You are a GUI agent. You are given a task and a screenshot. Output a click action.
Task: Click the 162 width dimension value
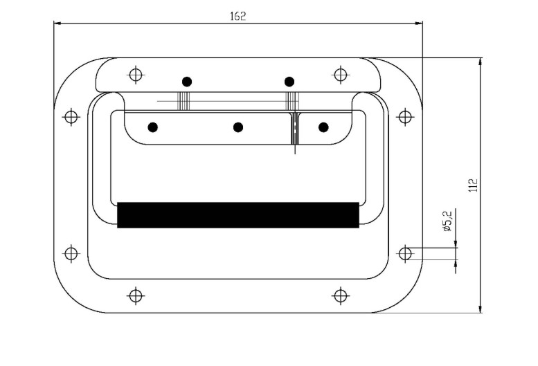click(x=237, y=17)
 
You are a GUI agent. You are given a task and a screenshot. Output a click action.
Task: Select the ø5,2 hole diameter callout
click(x=448, y=220)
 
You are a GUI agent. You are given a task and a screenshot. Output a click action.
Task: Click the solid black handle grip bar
click(x=238, y=215)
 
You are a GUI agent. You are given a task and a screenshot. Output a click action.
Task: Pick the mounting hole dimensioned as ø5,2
click(x=405, y=254)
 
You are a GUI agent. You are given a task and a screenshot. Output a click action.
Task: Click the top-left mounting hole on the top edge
click(x=136, y=74)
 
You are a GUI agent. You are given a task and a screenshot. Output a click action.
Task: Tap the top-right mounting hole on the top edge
click(x=340, y=74)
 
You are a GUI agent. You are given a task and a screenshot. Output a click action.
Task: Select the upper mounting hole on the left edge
click(x=71, y=117)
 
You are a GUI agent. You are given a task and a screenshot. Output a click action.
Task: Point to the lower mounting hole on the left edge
click(x=71, y=254)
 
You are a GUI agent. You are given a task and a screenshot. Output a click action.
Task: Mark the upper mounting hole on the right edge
click(x=405, y=117)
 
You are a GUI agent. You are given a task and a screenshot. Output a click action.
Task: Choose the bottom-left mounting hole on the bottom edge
click(x=136, y=295)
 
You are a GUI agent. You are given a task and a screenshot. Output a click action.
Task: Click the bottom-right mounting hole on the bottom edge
click(x=340, y=295)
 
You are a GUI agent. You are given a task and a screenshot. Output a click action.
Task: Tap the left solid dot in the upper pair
click(x=187, y=82)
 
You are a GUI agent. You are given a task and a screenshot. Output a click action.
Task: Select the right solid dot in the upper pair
click(x=289, y=82)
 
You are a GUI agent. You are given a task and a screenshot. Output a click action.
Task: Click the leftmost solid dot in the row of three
click(x=153, y=127)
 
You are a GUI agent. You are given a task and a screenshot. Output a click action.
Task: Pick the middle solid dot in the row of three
click(x=238, y=127)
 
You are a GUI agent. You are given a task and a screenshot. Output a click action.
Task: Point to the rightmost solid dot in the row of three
click(x=323, y=127)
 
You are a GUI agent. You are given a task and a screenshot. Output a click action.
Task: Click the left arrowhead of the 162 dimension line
click(x=57, y=24)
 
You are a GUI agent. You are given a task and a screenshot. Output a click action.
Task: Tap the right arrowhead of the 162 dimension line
click(x=419, y=24)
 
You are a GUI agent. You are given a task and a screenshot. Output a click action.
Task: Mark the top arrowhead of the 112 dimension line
click(x=480, y=62)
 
